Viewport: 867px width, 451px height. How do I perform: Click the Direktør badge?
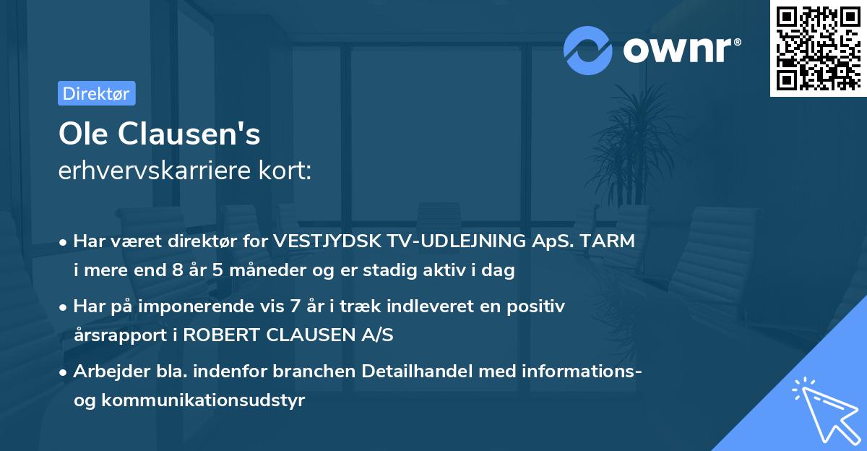[x=96, y=93]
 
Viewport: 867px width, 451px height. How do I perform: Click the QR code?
[x=819, y=48]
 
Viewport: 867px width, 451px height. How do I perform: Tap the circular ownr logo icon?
[x=588, y=50]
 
